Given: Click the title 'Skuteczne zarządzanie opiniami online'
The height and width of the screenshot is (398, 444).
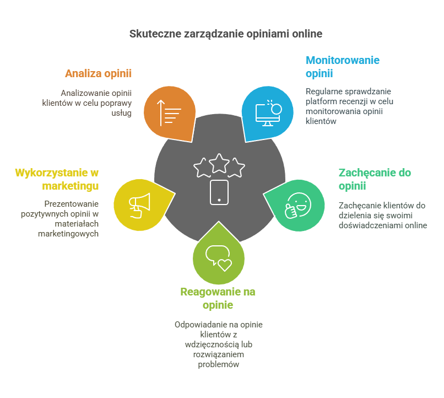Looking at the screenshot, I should click(x=226, y=34).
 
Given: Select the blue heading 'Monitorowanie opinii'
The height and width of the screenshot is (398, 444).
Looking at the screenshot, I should click(x=343, y=67).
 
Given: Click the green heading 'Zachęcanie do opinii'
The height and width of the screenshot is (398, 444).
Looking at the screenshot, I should click(x=374, y=179).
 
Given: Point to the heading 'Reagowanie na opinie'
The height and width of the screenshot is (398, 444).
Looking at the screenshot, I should click(x=218, y=298).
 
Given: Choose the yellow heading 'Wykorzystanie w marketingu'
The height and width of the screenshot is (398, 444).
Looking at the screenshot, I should click(x=57, y=179).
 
